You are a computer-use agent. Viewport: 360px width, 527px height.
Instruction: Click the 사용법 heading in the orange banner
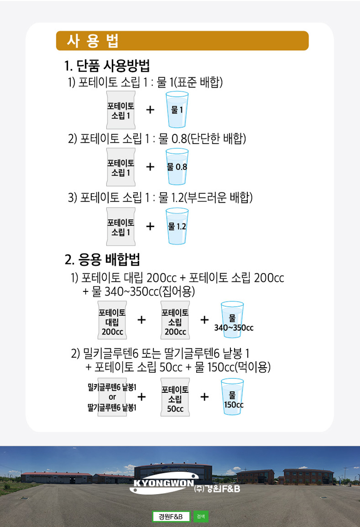pyautogui.click(x=93, y=41)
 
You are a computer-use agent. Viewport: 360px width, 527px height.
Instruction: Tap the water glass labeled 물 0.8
pyautogui.click(x=177, y=166)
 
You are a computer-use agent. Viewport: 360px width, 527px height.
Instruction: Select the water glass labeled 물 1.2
pyautogui.click(x=177, y=226)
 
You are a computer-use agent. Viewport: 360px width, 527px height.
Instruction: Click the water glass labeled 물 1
pyautogui.click(x=177, y=110)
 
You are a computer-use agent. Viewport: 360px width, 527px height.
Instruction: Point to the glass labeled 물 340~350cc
pyautogui.click(x=232, y=319)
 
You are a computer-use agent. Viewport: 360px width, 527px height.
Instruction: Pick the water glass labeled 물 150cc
pyautogui.click(x=232, y=396)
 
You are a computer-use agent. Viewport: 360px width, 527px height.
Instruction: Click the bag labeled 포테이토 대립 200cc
pyautogui.click(x=112, y=320)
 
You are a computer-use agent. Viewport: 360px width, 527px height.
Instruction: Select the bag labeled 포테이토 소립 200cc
pyautogui.click(x=175, y=320)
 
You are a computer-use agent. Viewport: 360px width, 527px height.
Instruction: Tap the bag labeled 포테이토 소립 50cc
pyautogui.click(x=175, y=397)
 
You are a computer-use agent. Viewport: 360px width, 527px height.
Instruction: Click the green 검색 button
pyautogui.click(x=201, y=516)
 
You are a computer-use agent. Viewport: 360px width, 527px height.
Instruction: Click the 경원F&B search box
pyautogui.click(x=171, y=517)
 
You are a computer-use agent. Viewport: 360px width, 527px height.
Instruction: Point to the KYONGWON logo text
pyautogui.click(x=164, y=483)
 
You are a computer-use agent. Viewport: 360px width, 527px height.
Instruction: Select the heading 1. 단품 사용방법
pyautogui.click(x=107, y=65)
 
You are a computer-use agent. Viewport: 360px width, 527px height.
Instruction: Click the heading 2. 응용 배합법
pyautogui.click(x=102, y=259)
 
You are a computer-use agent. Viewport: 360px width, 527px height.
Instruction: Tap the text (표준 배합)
pyautogui.click(x=198, y=82)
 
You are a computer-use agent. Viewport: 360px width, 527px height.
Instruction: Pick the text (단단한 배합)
pyautogui.click(x=216, y=138)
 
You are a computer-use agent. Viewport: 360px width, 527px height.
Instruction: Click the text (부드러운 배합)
pyautogui.click(x=218, y=197)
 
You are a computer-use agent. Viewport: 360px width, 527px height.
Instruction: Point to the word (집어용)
pyautogui.click(x=177, y=291)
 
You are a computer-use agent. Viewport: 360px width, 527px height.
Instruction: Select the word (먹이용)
pyautogui.click(x=253, y=367)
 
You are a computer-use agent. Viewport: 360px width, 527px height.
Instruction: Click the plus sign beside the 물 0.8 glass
pyautogui.click(x=150, y=167)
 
